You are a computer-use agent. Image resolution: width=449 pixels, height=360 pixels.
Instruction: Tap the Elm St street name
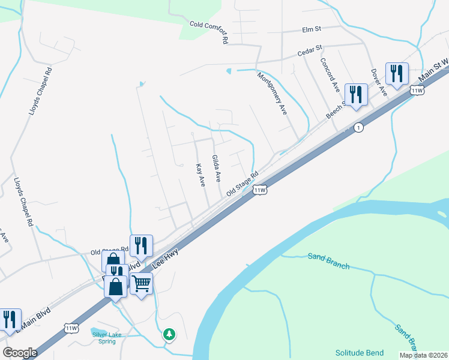pyautogui.click(x=312, y=28)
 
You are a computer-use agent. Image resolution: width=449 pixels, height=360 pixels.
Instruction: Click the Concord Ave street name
pyautogui.click(x=330, y=76)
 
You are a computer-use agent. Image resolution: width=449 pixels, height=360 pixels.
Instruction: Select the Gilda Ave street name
pyautogui.click(x=216, y=169)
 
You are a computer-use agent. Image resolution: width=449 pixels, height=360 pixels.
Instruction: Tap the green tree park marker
pyautogui.click(x=170, y=334)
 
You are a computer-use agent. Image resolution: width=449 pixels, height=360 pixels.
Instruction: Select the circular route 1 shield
pyautogui.click(x=358, y=128)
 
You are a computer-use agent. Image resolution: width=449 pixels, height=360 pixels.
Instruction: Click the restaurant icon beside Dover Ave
pyautogui.click(x=397, y=74)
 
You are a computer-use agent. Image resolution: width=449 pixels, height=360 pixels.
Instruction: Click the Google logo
pyautogui.click(x=20, y=353)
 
